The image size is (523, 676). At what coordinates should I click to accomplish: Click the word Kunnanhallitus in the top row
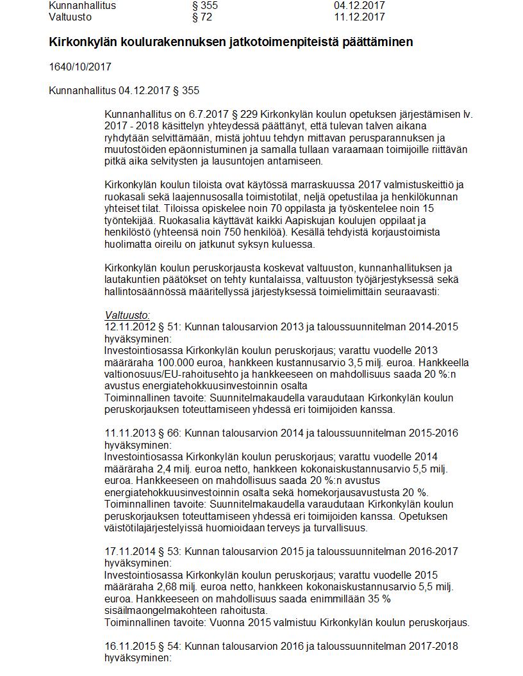tap(82, 5)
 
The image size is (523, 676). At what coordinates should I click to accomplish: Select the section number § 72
tap(202, 17)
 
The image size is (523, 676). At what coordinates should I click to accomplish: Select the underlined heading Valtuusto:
tap(127, 315)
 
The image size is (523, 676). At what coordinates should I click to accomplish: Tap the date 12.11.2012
tap(128, 326)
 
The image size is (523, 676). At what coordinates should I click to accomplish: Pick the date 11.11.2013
tap(128, 433)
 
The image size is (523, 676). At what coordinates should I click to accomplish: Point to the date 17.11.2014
tap(128, 551)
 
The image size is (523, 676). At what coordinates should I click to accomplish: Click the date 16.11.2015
tap(128, 646)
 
